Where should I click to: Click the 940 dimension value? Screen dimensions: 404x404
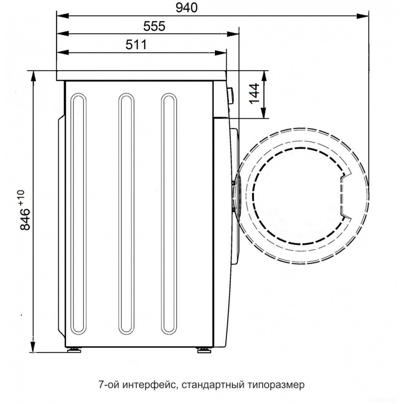click(187, 8)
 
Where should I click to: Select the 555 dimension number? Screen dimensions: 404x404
click(154, 26)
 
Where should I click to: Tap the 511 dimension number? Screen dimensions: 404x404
click(136, 45)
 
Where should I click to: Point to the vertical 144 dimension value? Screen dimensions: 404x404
click(254, 93)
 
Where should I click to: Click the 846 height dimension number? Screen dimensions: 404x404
click(25, 219)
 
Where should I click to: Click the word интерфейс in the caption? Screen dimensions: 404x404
click(149, 385)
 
